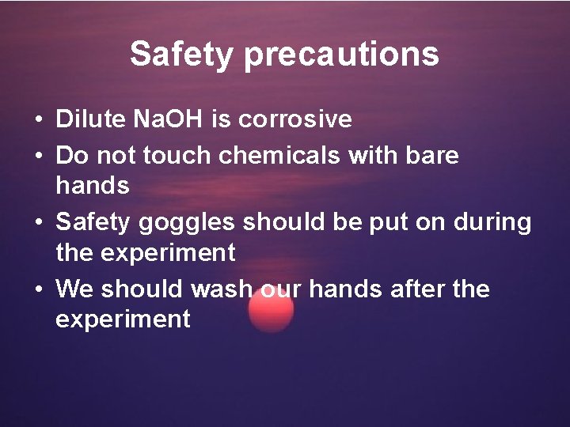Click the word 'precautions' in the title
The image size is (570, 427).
coord(341,55)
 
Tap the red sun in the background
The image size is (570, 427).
coord(271,309)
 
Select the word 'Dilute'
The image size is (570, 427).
coord(89,119)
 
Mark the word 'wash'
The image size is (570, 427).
coord(219,289)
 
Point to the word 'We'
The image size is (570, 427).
coord(74,289)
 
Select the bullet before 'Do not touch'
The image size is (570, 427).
coord(38,156)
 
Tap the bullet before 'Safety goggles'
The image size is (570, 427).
coord(38,223)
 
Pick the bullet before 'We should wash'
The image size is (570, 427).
coord(38,290)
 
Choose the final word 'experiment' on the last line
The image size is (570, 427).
coord(123,319)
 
